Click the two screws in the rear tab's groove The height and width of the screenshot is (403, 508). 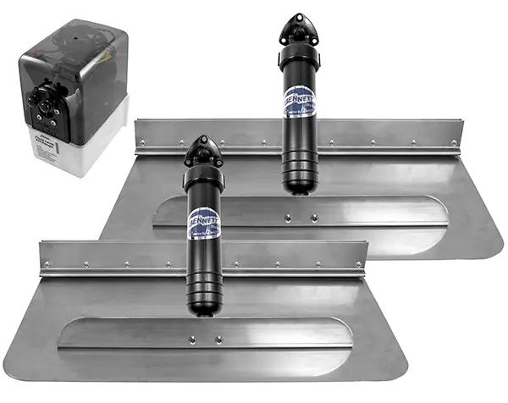click(x=301, y=218)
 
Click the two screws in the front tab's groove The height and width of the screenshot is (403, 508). click(x=205, y=340)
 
